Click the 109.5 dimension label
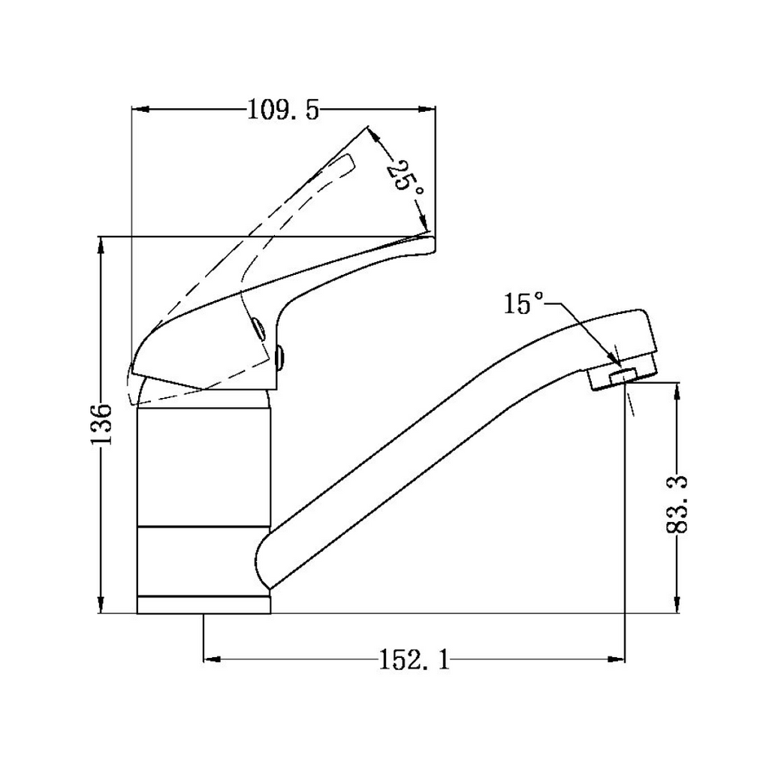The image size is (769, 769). [283, 110]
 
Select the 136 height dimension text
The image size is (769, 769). [101, 424]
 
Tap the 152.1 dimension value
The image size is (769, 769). [415, 659]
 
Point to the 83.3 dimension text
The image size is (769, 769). [677, 504]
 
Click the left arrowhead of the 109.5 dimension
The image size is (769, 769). [140, 110]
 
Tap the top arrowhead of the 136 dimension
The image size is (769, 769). [101, 246]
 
